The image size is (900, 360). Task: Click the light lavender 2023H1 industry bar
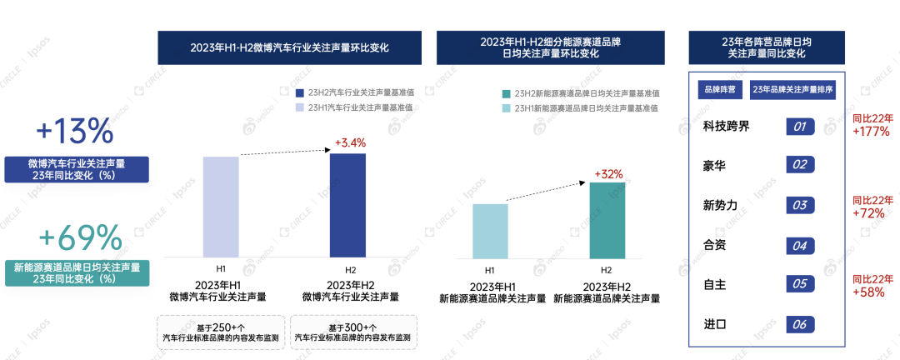tap(221, 207)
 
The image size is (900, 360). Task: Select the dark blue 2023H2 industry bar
tap(347, 205)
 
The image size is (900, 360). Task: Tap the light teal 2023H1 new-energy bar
tap(490, 231)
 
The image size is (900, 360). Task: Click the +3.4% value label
tap(350, 142)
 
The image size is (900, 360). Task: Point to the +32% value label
tap(608, 173)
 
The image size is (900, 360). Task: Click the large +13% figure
tap(74, 131)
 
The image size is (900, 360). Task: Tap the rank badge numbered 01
tap(799, 127)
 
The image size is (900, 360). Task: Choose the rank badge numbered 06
tap(799, 325)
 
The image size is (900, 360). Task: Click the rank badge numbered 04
tap(799, 246)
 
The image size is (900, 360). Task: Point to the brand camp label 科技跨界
tap(727, 127)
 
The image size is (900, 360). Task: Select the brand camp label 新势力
tap(720, 206)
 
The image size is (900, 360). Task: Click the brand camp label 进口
tap(714, 325)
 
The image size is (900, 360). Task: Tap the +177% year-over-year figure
tap(872, 131)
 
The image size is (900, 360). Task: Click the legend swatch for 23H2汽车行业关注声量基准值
tap(300, 93)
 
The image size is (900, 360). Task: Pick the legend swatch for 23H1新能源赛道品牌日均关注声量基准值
tap(506, 108)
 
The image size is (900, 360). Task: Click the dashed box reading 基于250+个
tap(220, 332)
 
